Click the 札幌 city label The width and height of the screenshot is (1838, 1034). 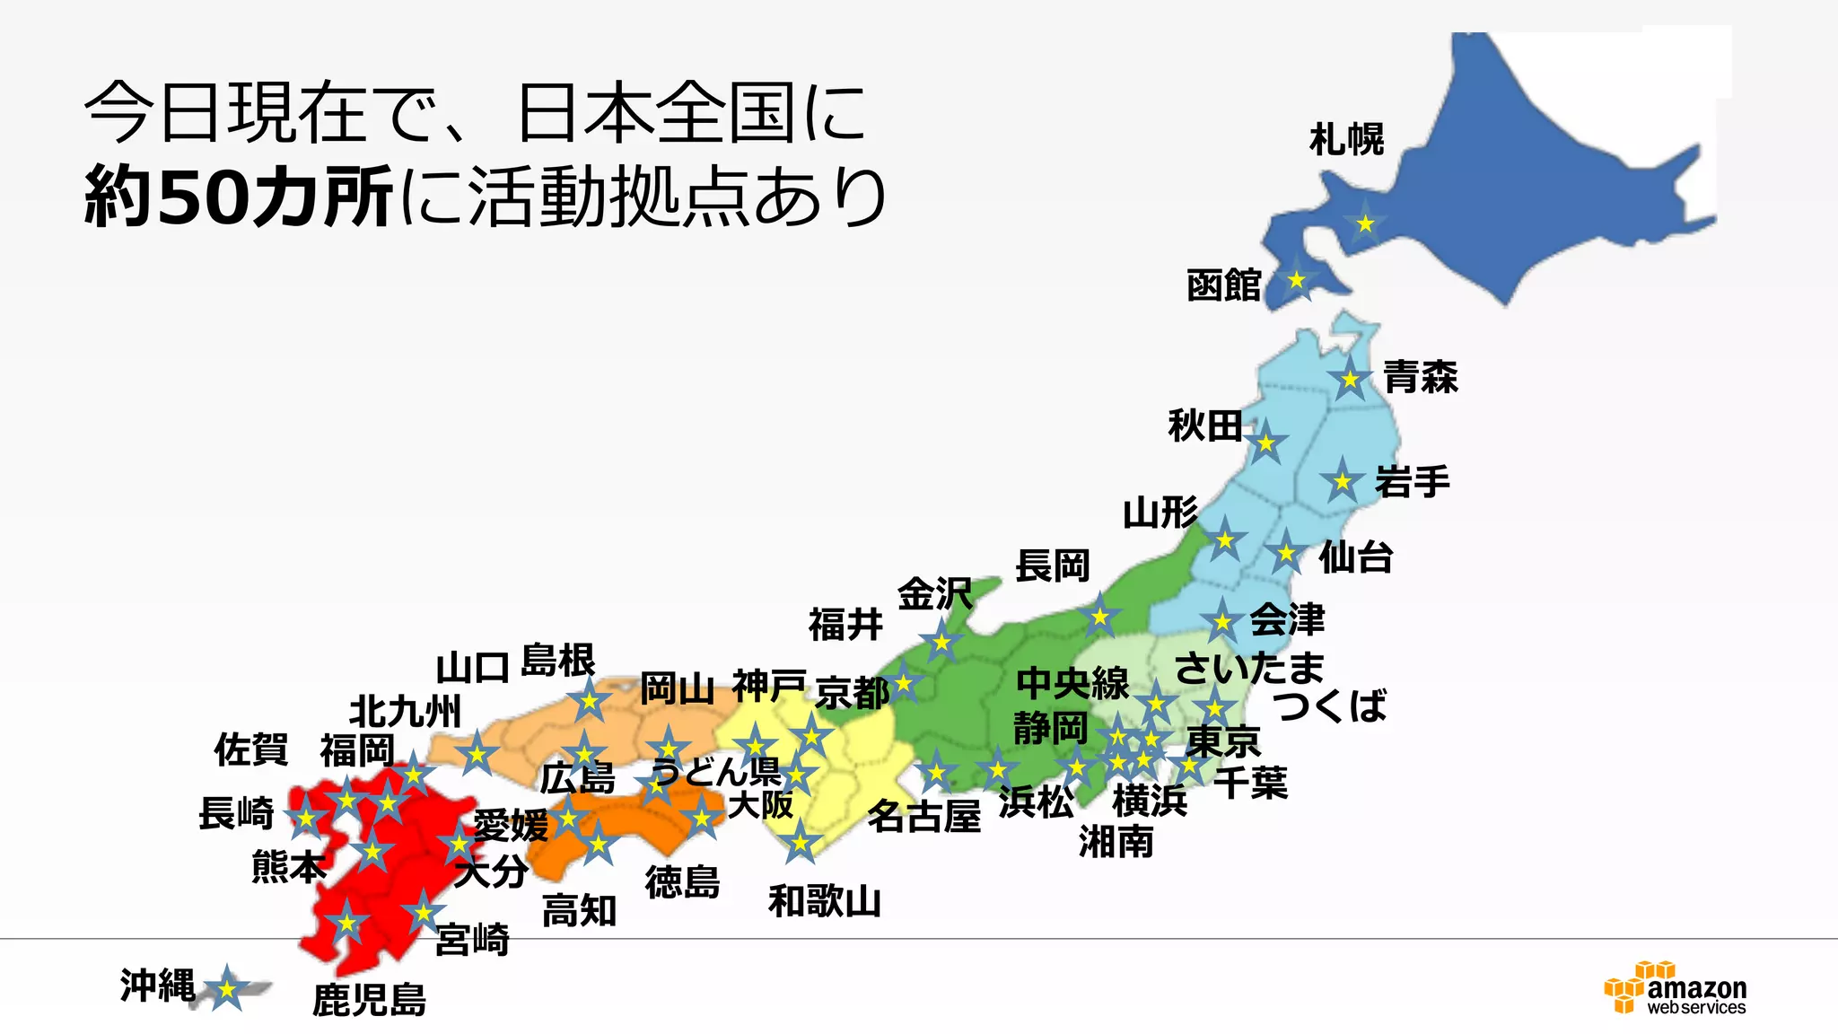click(1346, 140)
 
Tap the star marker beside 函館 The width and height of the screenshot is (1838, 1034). click(1296, 280)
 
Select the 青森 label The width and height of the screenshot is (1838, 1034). click(1421, 377)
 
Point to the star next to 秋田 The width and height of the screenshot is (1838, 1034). click(1265, 443)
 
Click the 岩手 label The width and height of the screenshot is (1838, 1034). click(1413, 482)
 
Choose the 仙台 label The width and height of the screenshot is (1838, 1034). click(1355, 557)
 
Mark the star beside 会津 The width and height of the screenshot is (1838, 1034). click(1222, 621)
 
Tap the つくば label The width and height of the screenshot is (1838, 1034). click(1330, 705)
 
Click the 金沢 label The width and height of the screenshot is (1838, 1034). click(934, 594)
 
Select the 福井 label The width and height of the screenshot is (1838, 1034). click(845, 625)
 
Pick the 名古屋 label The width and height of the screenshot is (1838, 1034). click(923, 817)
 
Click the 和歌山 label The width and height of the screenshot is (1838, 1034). click(824, 901)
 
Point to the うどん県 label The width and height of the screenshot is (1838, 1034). click(715, 771)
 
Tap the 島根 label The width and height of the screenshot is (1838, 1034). click(557, 661)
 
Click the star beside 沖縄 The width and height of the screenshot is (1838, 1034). click(227, 989)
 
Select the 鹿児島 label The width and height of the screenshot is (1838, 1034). click(369, 1000)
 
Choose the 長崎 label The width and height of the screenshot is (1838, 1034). click(236, 813)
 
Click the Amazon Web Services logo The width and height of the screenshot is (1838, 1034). click(1675, 989)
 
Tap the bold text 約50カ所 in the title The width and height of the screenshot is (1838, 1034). click(239, 197)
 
